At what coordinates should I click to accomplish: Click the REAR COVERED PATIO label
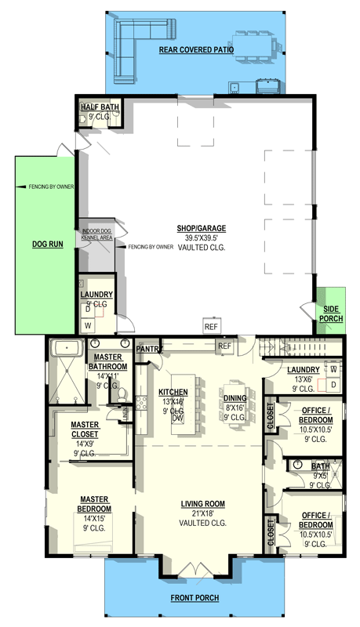tap(195, 48)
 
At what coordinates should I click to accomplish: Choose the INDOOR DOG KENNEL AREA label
tap(97, 234)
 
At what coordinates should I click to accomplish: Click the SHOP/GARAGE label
tap(201, 228)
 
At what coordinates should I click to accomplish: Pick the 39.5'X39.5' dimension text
tap(201, 237)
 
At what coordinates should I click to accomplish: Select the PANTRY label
tap(148, 348)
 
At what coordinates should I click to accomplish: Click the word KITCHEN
tap(173, 391)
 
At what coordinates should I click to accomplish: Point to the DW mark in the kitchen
tap(179, 419)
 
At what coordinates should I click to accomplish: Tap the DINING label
tap(236, 397)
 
